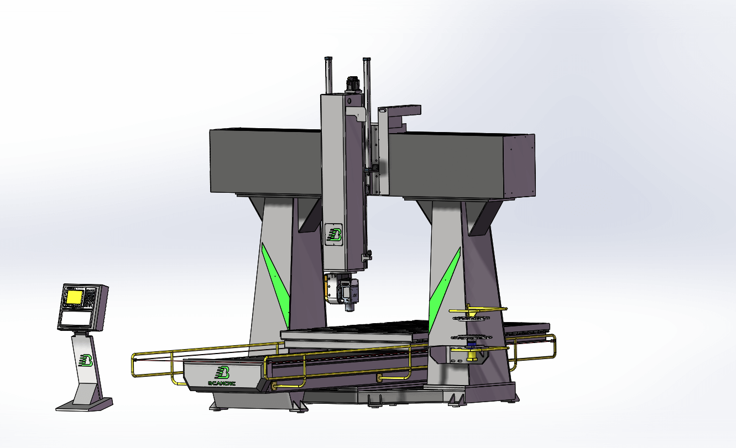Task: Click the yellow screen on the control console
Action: (73, 298)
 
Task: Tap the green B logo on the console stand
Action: (86, 360)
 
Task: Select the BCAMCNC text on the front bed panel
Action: (222, 382)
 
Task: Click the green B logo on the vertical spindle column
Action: (334, 234)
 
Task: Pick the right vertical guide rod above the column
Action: (366, 75)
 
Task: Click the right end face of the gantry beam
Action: (519, 166)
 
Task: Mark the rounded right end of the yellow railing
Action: (554, 345)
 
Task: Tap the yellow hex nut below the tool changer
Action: (471, 359)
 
